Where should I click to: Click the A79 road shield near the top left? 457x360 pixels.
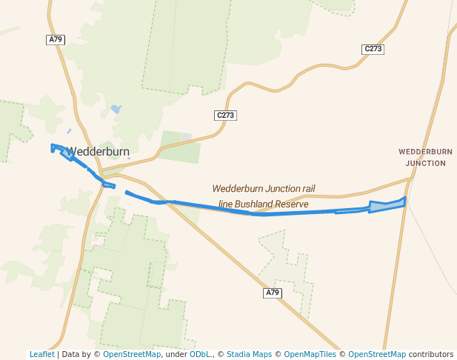click(56, 39)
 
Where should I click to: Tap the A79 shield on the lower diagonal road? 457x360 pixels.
click(273, 293)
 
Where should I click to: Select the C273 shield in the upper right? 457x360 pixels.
click(373, 49)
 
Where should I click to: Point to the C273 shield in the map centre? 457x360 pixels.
click(224, 116)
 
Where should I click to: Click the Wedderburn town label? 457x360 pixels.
click(98, 150)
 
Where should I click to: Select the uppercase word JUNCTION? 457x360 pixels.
click(426, 163)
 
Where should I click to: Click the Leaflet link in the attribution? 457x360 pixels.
click(41, 354)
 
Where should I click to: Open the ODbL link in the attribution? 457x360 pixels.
click(200, 354)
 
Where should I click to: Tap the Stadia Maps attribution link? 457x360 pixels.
click(249, 354)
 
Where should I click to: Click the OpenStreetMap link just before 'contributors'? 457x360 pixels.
click(376, 354)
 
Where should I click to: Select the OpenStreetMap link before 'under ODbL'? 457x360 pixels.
click(132, 354)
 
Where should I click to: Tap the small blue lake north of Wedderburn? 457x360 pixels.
click(116, 110)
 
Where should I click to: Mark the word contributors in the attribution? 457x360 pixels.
click(431, 354)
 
